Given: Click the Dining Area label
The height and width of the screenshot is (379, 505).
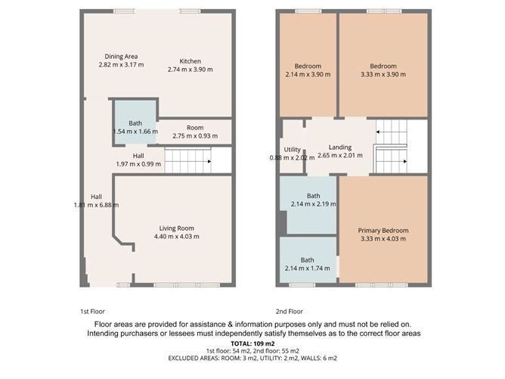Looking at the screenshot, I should pos(121,56).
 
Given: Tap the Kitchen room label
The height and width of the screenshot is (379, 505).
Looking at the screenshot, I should pos(190,61).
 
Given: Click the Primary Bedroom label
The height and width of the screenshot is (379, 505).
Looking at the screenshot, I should pos(383,231).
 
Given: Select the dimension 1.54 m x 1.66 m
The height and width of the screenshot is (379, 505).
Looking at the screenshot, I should pos(135,132).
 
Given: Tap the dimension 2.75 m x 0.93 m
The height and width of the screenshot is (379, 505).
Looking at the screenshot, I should pos(194,136).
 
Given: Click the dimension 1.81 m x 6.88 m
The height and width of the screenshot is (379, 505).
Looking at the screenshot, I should pos(97,205).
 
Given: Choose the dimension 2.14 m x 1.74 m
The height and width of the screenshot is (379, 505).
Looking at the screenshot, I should pos(308,269).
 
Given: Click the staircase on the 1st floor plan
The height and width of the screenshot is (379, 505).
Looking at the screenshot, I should pos(187,160).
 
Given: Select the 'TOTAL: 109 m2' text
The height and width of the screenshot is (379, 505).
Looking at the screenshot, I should pos(253,343).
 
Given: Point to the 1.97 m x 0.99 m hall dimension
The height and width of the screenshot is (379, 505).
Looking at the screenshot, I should pos(138,164).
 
